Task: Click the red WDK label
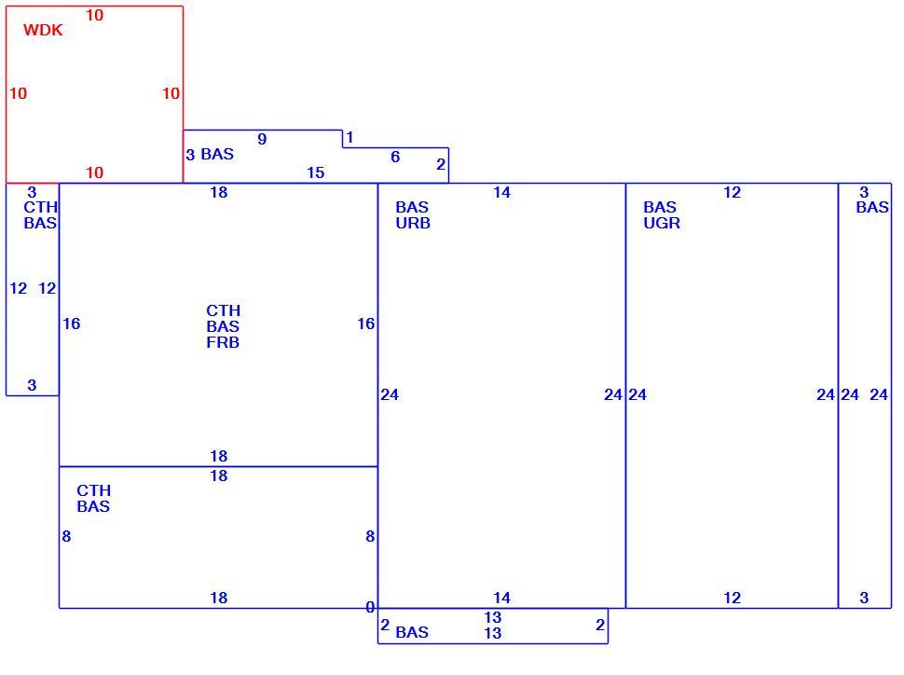point(43,30)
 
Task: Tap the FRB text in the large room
point(223,342)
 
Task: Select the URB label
point(413,223)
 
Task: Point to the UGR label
point(662,223)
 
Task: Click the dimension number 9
point(262,139)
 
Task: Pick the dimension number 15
point(315,172)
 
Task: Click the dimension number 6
point(395,157)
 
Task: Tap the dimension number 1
point(349,137)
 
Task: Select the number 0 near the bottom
point(370,607)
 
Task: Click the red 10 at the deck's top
point(94,15)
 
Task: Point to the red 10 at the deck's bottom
point(94,172)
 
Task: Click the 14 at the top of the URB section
point(501,193)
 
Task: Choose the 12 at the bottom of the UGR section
point(733,598)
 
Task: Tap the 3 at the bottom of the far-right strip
point(864,598)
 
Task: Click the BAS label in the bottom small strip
point(412,632)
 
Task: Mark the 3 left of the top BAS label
point(190,155)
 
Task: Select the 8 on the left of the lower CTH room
point(66,536)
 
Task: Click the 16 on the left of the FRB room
point(72,324)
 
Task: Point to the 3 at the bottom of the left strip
point(32,385)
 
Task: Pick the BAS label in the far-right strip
point(872,207)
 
